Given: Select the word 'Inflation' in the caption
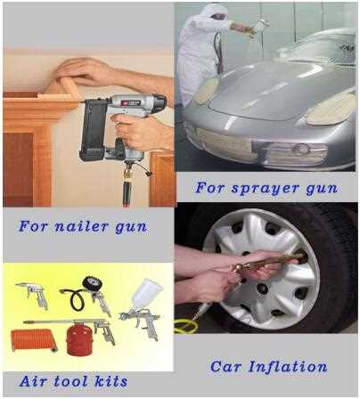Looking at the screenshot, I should (x=289, y=366).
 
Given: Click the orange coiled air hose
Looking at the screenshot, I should (x=35, y=339).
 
